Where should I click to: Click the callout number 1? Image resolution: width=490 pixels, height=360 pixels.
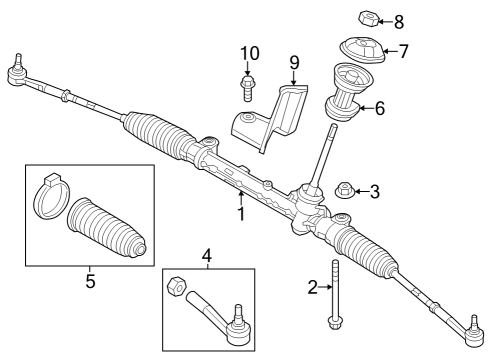pos(241,213)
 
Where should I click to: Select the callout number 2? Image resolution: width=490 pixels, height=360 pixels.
pos(313,288)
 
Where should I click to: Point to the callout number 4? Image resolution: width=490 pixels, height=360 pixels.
pos(207,256)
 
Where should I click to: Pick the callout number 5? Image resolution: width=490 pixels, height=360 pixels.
pos(90,282)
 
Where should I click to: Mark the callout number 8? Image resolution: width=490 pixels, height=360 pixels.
pos(399,20)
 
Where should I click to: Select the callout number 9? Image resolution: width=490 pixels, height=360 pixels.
pos(294,62)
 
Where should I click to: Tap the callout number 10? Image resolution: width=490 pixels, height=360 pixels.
pos(248,52)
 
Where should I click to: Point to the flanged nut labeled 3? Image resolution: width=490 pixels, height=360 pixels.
pos(344,190)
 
